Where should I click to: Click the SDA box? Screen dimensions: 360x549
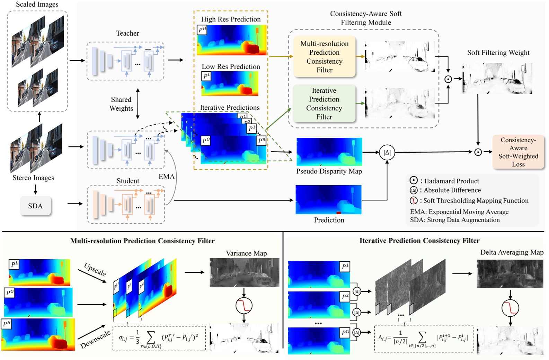coord(35,206)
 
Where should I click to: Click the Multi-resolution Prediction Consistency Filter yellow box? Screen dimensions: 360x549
coord(324,57)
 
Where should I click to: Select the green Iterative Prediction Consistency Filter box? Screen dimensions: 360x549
coord(324,103)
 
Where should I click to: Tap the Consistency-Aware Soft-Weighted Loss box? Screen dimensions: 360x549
coord(518,152)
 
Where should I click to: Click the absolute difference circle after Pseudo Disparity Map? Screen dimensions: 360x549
coord(387,152)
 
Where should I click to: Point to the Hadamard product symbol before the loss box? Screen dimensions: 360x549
coord(478,152)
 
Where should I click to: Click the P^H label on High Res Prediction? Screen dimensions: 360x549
coord(202,30)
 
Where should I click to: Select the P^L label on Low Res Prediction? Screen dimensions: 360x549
coord(206,76)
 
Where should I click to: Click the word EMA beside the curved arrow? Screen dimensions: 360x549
coord(167,177)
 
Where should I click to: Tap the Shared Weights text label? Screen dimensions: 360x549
coord(121,104)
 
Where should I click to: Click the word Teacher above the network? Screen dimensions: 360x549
coord(127,33)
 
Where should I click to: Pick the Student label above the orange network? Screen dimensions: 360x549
coord(128,181)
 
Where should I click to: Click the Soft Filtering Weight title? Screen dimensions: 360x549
coord(498,53)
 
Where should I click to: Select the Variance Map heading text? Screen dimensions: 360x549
coord(246,253)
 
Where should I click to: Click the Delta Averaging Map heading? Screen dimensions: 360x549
coord(512,252)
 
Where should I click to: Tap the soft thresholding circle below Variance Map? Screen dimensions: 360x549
coord(244,306)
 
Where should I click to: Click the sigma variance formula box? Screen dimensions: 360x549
coord(159,338)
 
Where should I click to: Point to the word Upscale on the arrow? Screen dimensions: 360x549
coord(95,270)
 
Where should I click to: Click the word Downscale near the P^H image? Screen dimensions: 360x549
coord(96,339)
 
